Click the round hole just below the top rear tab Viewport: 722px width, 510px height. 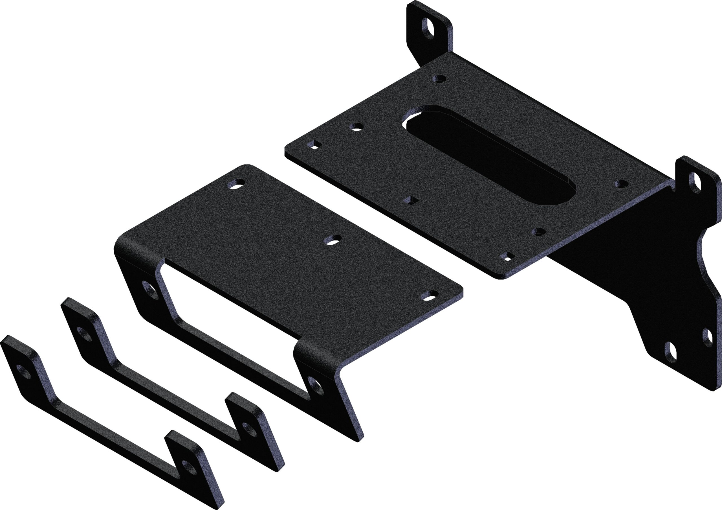[440, 79]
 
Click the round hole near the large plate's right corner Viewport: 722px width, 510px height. [622, 184]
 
